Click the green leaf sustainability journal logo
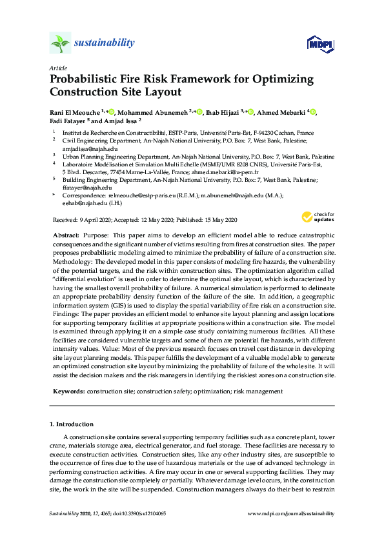pos(60,43)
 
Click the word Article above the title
pos(57,68)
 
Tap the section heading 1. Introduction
pos(72,424)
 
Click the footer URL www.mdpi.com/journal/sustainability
pos(292,513)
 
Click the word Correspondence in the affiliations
pos(88,195)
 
